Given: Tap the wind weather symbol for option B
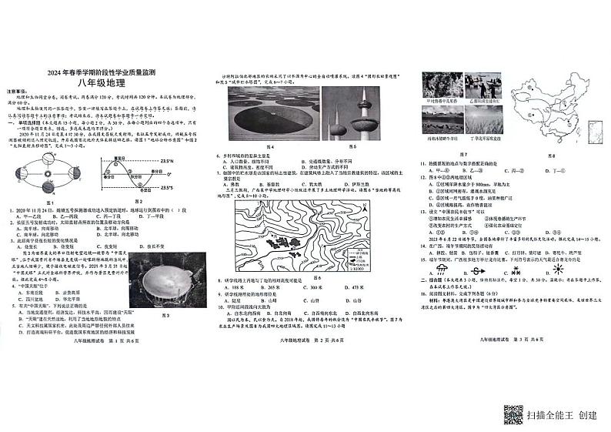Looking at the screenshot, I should (477, 271).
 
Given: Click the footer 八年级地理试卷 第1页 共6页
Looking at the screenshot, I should (104, 339).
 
